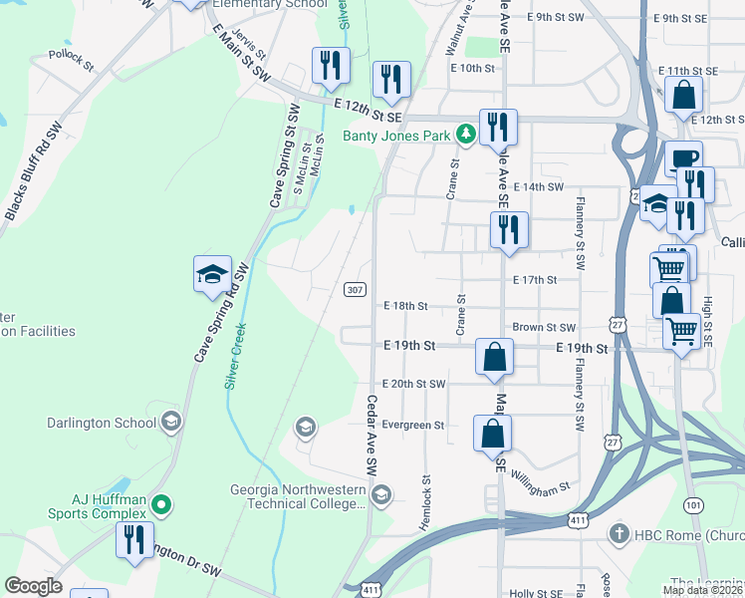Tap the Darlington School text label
101,423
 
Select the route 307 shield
354,289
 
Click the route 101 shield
694,506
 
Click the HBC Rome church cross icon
620,533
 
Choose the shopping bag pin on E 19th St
494,356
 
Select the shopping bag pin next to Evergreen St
492,434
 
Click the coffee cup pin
683,159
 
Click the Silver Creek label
235,355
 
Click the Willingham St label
541,487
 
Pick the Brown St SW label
544,327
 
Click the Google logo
33,586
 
